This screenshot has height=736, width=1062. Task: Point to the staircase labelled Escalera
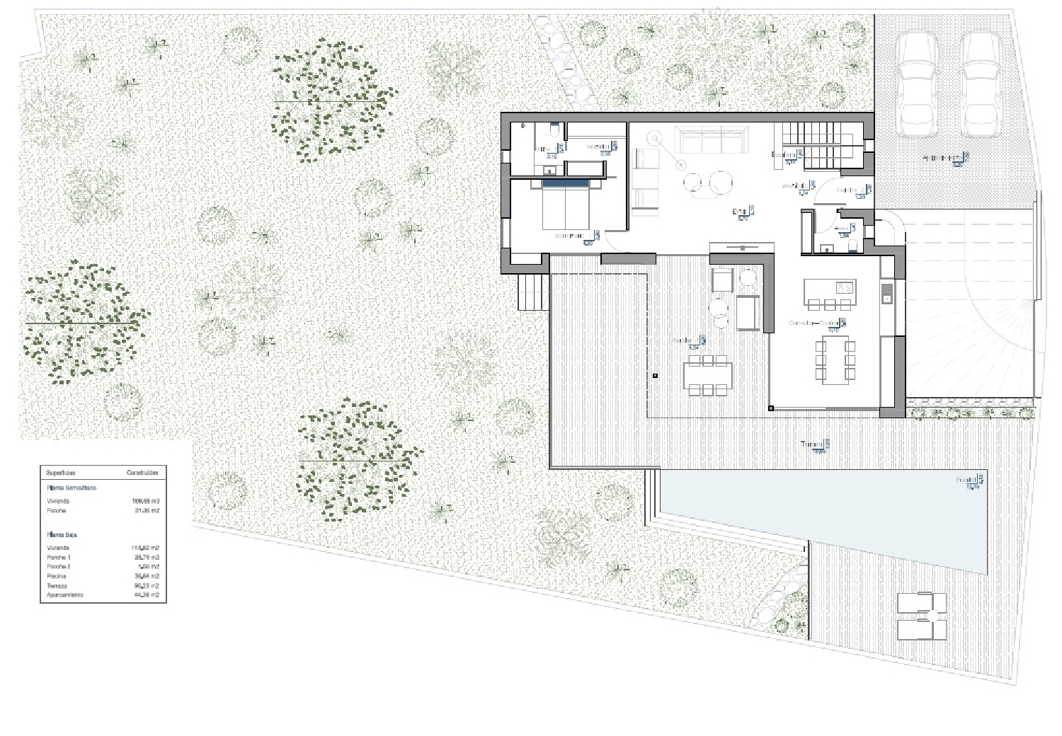coord(821,145)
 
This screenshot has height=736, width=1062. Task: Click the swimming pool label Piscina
coord(967,480)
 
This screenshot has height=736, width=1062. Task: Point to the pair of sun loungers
coord(921,616)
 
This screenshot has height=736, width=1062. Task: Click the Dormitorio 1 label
coord(571,236)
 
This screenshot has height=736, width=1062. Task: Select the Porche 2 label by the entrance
coord(850,190)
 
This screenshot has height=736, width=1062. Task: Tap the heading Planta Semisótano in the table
coord(72,488)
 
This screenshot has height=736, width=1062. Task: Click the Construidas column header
coord(142,472)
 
